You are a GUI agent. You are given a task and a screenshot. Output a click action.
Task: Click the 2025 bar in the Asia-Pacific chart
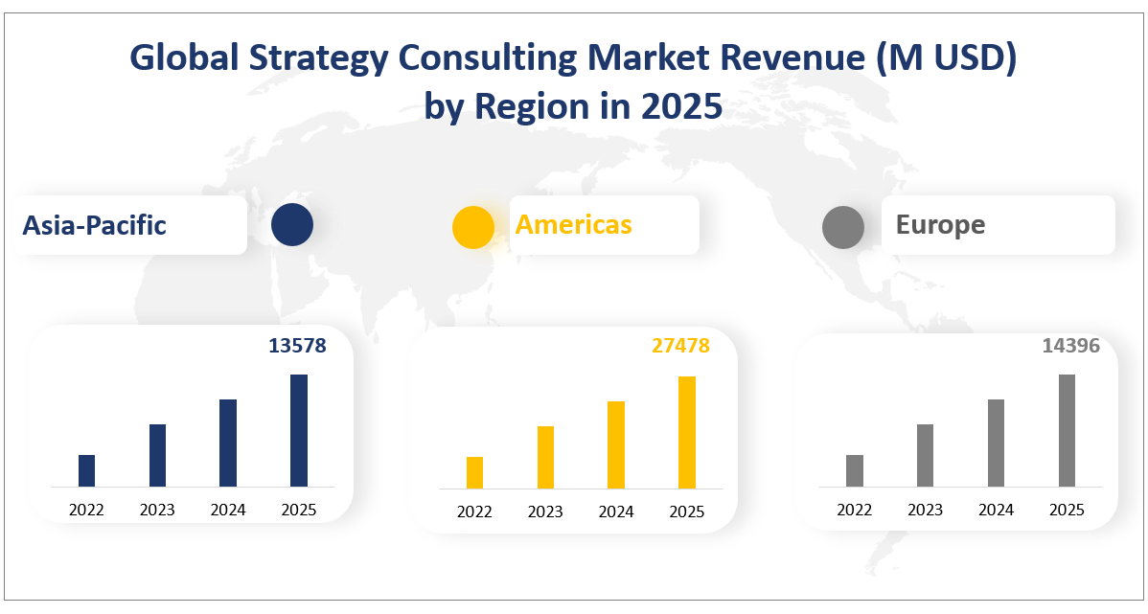pos(299,430)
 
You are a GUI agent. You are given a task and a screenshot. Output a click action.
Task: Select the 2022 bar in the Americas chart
pos(474,472)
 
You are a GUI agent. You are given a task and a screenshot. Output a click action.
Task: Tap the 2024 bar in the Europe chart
pos(996,443)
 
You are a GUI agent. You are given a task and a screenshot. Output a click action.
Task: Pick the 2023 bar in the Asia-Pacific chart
pos(157,455)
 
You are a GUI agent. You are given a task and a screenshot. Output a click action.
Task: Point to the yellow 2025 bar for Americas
pos(687,432)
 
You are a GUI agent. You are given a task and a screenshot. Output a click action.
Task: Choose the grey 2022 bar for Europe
pos(855,470)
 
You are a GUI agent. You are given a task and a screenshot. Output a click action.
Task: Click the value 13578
pos(297,346)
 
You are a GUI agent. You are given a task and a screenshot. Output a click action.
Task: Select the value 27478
pos(680,346)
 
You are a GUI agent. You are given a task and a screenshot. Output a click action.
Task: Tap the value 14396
pos(1070,346)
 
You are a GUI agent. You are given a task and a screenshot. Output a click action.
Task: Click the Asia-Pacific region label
pos(95,225)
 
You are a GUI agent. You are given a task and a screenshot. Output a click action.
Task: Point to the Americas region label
pos(573,224)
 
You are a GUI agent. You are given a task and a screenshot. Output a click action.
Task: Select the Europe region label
pos(940,225)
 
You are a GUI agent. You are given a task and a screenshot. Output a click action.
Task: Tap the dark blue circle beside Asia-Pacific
pos(291,225)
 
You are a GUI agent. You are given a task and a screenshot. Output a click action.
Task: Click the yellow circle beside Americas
pos(473,228)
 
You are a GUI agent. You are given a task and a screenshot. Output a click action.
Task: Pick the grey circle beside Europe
pos(843,228)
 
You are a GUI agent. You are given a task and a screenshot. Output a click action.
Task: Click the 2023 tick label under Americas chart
pos(545,512)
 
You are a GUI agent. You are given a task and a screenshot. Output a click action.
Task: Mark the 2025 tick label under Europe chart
pos(1067,511)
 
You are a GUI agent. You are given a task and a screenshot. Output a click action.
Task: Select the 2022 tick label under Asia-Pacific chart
pos(86,511)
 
